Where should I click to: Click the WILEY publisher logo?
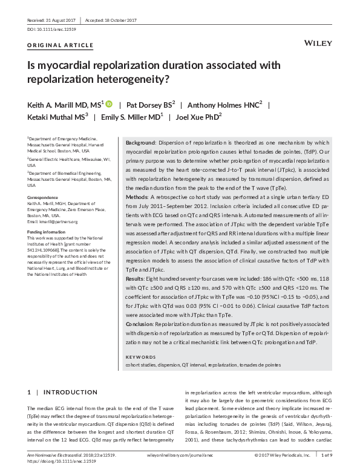(316, 44)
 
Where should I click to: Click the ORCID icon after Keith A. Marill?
(109, 104)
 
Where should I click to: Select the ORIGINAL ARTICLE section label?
(61, 45)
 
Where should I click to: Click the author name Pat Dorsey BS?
(150, 105)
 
